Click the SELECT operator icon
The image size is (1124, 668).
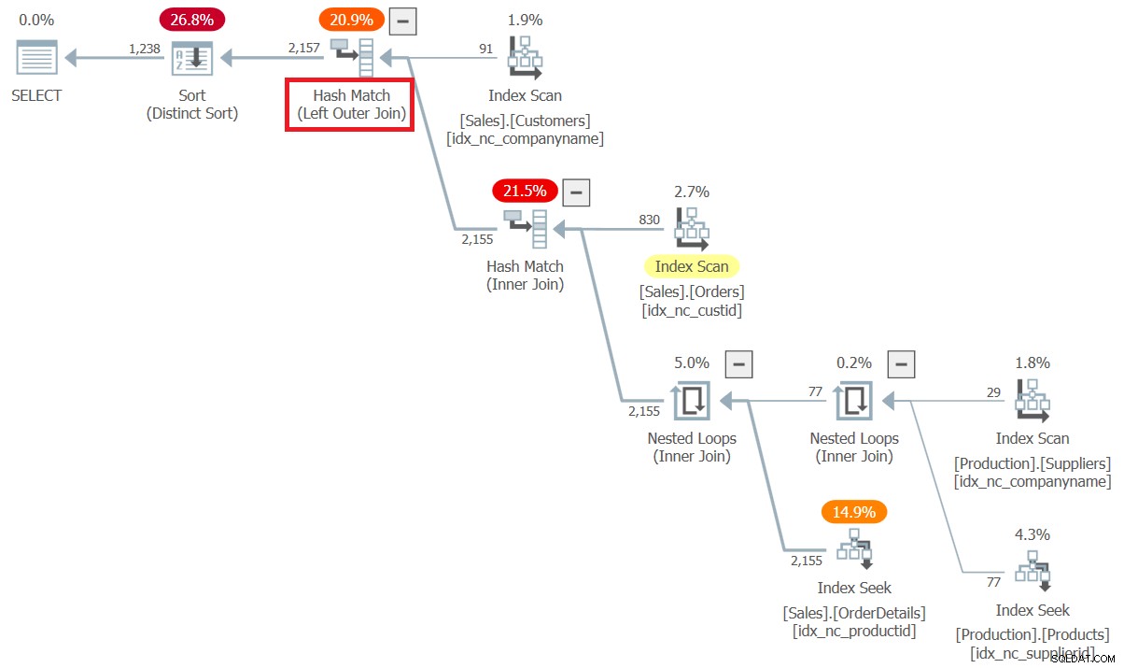[x=36, y=57]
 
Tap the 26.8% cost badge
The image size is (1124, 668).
[x=192, y=20]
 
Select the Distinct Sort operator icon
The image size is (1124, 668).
[x=192, y=58]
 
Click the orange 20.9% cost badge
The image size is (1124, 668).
[x=351, y=20]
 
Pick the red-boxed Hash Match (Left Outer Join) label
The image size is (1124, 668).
[x=350, y=105]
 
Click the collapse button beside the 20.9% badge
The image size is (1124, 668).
[x=403, y=21]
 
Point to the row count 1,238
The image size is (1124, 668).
[x=145, y=49]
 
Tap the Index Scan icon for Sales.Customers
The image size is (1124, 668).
[x=525, y=57]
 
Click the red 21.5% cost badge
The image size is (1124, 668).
[x=525, y=191]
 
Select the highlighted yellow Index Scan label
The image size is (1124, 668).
[x=692, y=266]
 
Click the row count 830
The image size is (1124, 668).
[x=650, y=220]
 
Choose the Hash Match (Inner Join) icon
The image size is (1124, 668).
[x=525, y=229]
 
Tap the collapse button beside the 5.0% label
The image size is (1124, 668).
[x=738, y=364]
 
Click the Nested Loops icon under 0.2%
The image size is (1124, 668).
[x=854, y=400]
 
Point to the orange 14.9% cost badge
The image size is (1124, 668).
[x=854, y=512]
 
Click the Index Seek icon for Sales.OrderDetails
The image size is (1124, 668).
[x=854, y=548]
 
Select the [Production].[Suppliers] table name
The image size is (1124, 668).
[x=1033, y=463]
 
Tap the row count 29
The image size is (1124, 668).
[x=993, y=392]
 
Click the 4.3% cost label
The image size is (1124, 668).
[x=1033, y=533]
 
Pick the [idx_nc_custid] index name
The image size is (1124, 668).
[x=692, y=310]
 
